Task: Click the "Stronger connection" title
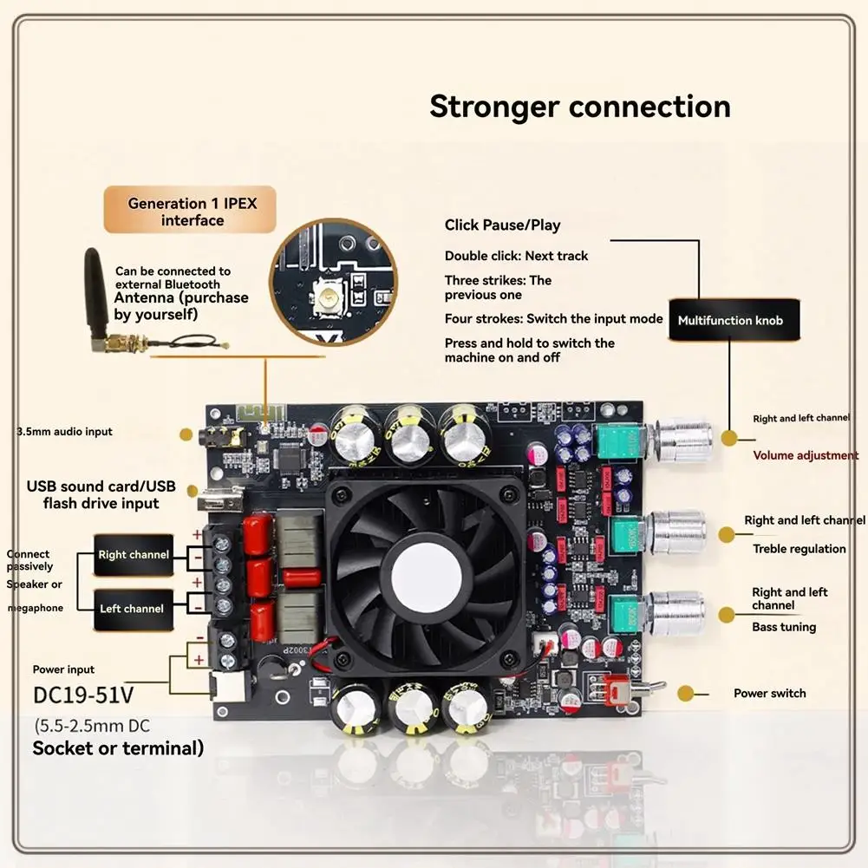click(x=580, y=107)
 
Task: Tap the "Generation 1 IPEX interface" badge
click(x=191, y=212)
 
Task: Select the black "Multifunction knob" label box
click(x=730, y=320)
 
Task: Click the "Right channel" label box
click(x=132, y=554)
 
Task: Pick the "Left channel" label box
click(x=131, y=609)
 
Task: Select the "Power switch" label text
click(x=769, y=693)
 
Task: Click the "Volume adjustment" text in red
click(x=806, y=455)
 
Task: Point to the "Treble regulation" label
click(x=799, y=548)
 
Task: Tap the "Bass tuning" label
click(x=784, y=627)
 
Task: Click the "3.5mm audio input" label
click(x=64, y=431)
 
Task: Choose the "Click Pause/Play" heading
click(x=502, y=225)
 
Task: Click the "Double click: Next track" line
click(x=516, y=256)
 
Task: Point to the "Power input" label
click(x=63, y=669)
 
